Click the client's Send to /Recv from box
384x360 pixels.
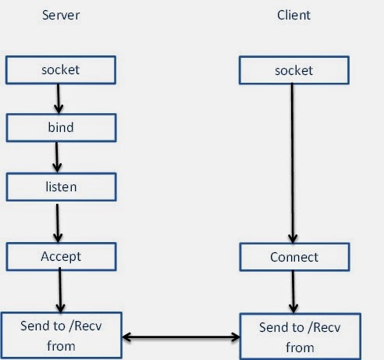(300, 336)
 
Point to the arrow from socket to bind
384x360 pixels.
(56, 98)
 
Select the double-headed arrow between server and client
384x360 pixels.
(180, 337)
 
